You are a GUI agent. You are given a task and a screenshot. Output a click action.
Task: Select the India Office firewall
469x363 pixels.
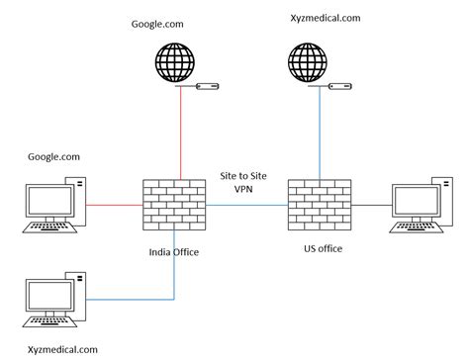tap(172, 205)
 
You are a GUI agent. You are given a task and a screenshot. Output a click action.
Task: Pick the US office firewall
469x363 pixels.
tap(319, 205)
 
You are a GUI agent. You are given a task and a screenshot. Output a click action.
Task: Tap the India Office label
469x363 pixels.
tap(173, 252)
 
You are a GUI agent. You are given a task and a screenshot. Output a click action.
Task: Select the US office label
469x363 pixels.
tap(323, 248)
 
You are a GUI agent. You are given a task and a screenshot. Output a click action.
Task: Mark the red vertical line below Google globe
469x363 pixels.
tap(179, 134)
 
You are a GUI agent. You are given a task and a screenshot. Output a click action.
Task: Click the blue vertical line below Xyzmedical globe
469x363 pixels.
tap(319, 134)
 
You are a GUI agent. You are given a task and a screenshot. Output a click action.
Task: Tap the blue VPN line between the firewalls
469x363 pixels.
tap(245, 206)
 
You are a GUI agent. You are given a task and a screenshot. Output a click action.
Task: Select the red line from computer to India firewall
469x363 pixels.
tap(115, 206)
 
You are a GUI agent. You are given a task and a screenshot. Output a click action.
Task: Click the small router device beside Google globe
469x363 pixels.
tap(207, 87)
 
